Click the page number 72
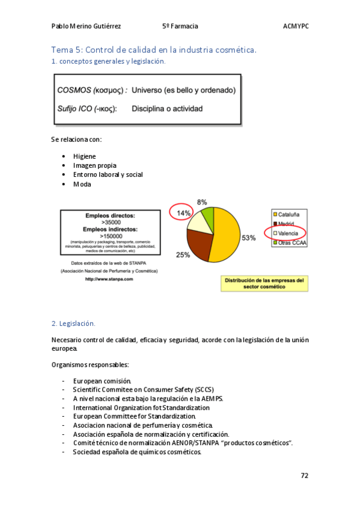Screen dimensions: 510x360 click(x=305, y=475)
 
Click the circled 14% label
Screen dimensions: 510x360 click(x=183, y=213)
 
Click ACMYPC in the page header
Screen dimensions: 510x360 click(x=295, y=26)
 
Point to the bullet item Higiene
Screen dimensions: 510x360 click(x=84, y=156)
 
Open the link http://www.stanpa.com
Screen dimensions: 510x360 click(x=109, y=279)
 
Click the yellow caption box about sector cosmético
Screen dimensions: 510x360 click(x=264, y=284)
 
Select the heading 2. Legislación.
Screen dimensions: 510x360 click(x=73, y=324)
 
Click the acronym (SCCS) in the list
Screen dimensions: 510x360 click(x=204, y=390)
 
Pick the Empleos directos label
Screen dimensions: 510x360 click(x=109, y=215)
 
